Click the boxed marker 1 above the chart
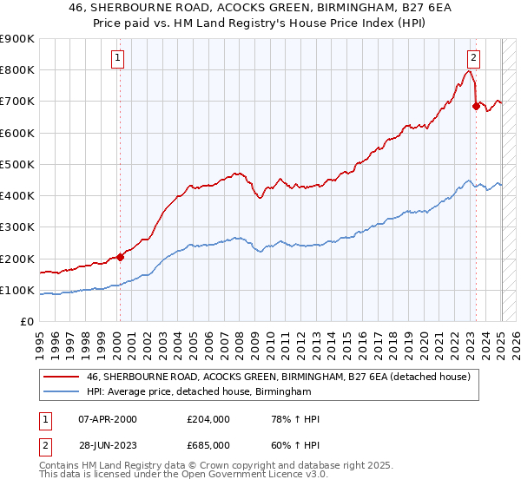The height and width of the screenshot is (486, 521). click(116, 59)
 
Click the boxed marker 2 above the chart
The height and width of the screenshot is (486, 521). click(473, 59)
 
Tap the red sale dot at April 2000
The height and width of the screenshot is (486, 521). click(120, 257)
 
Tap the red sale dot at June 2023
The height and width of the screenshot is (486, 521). click(476, 106)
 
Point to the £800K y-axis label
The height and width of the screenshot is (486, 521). click(17, 70)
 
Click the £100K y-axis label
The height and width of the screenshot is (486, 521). click(17, 291)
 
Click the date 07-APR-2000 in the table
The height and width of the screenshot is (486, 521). click(107, 419)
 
